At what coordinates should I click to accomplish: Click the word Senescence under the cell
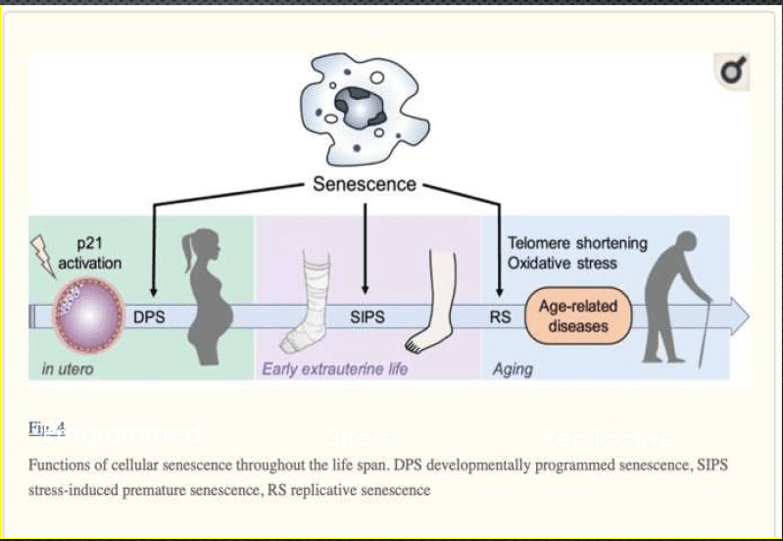(x=365, y=184)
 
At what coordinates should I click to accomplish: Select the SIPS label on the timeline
(x=367, y=317)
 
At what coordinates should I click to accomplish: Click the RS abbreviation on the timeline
(x=501, y=317)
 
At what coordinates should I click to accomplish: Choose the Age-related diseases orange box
(x=577, y=317)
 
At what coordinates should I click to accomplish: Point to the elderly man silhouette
(x=677, y=294)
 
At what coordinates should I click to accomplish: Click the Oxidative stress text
(x=562, y=263)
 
